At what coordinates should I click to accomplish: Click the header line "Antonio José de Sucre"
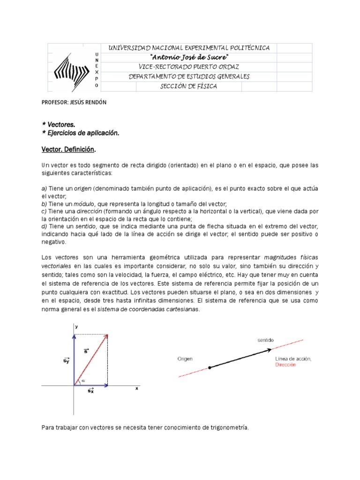click(189, 57)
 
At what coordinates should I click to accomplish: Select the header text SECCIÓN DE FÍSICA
click(189, 86)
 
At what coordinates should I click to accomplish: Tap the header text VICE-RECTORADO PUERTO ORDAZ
click(189, 67)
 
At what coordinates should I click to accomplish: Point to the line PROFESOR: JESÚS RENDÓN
click(74, 103)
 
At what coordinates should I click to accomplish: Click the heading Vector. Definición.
click(69, 149)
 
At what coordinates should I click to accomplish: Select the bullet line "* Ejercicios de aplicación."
click(81, 133)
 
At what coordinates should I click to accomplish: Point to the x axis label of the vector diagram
click(137, 389)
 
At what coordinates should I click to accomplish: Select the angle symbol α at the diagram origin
click(83, 381)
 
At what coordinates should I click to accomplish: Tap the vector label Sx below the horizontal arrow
click(90, 390)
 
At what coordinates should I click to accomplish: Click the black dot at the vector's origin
click(210, 367)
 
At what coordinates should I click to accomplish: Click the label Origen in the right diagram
click(185, 359)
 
